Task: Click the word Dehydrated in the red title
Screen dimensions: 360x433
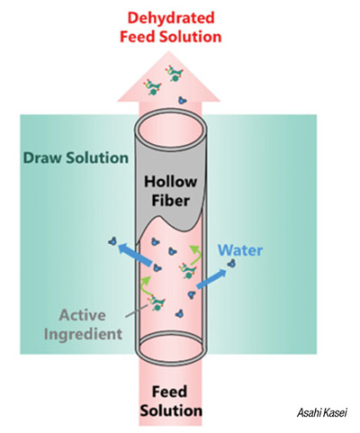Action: (x=171, y=19)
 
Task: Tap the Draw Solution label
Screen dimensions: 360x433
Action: (x=76, y=158)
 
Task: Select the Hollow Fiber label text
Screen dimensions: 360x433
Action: (x=171, y=191)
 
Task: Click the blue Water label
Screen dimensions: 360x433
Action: (x=240, y=250)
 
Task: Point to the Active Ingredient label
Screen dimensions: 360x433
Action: (x=83, y=324)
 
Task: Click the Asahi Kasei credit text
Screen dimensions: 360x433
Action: (x=322, y=412)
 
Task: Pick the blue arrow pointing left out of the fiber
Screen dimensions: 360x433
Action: (x=135, y=255)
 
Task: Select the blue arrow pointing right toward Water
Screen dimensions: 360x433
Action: (x=211, y=279)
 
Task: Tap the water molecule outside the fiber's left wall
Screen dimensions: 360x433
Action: (x=112, y=240)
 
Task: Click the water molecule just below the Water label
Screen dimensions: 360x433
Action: (x=231, y=264)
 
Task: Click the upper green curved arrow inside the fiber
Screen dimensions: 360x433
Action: (x=195, y=255)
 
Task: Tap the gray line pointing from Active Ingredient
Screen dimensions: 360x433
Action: (x=137, y=311)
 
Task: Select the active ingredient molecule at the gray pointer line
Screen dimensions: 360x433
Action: (x=157, y=302)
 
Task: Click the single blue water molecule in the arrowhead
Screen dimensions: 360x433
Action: (x=182, y=100)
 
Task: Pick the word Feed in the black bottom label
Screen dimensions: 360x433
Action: (x=169, y=392)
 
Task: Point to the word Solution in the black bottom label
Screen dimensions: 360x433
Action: (x=171, y=410)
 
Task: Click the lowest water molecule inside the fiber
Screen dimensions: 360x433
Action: (x=179, y=314)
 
